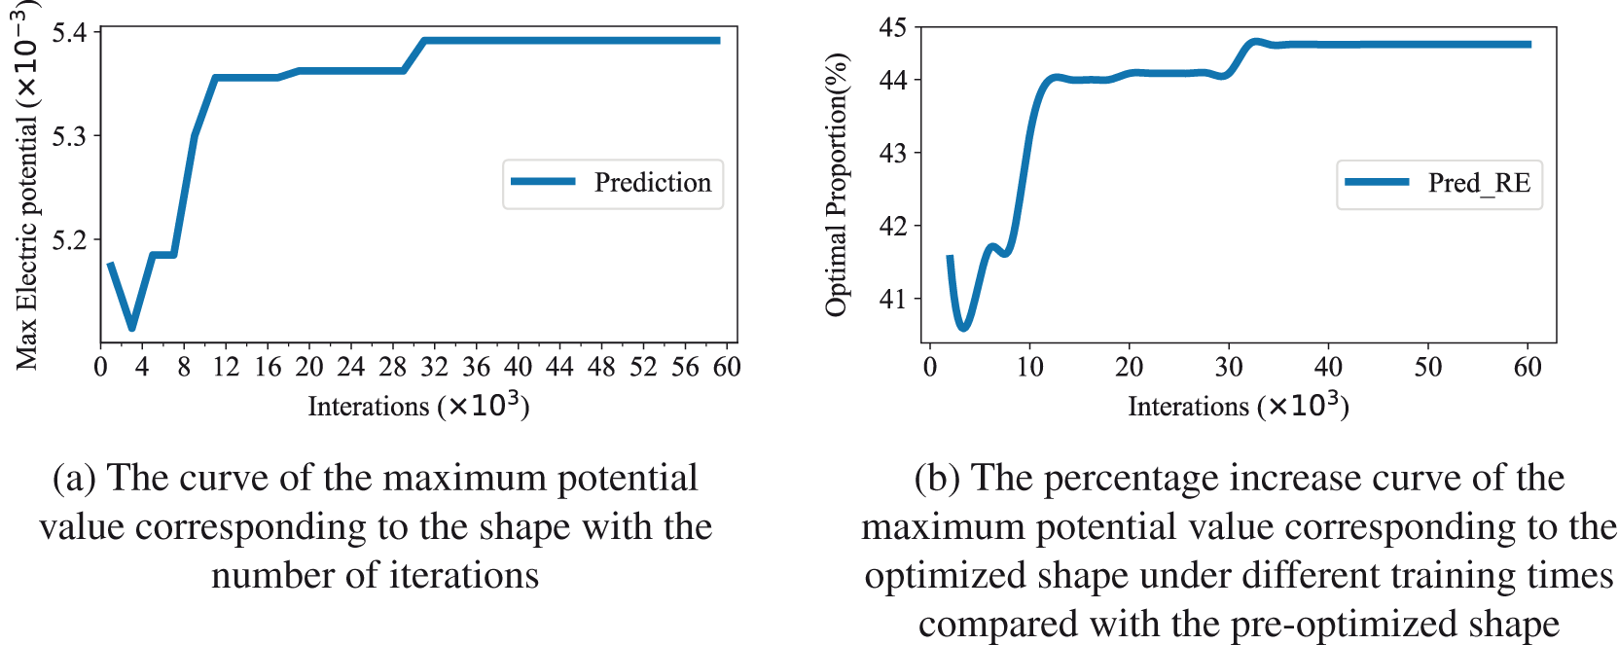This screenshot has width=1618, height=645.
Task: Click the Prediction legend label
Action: [x=652, y=183]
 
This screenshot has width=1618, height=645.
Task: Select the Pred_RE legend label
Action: [x=1479, y=183]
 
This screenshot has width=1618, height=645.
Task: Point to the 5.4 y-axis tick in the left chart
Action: [x=69, y=34]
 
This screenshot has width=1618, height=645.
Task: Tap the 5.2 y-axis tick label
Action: [x=69, y=240]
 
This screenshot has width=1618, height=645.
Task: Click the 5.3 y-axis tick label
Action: [x=69, y=137]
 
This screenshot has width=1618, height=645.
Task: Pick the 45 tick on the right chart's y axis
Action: [x=892, y=28]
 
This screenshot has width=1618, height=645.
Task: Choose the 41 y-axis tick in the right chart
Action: [x=892, y=300]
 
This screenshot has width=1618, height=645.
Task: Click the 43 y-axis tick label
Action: [x=892, y=154]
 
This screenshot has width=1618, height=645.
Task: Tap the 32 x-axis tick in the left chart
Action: [x=434, y=367]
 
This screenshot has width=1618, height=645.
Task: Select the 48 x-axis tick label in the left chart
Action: [x=601, y=367]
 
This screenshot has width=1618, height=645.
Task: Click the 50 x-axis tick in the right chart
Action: [x=1427, y=367]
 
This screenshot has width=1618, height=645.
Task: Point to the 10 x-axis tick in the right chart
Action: [x=1029, y=367]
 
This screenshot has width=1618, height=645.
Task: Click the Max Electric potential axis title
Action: [x=26, y=185]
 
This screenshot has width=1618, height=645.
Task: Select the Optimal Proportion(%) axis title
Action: [x=836, y=185]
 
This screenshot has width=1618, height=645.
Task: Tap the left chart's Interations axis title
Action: [x=418, y=405]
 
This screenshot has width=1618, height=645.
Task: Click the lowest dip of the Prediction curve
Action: [x=131, y=328]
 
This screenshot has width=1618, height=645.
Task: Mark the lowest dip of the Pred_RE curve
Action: [x=963, y=328]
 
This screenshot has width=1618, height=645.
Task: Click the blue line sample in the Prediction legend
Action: [x=543, y=182]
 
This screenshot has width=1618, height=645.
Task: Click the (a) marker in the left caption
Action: [x=74, y=478]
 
